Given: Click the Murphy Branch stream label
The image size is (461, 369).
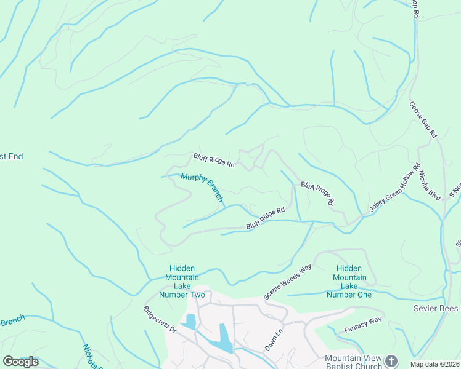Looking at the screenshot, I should [x=202, y=188].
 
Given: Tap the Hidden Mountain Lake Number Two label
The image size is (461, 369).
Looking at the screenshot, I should [x=182, y=282].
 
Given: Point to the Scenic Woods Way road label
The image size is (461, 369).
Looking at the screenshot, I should [x=288, y=282].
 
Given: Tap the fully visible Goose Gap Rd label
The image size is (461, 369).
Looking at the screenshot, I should [x=423, y=119].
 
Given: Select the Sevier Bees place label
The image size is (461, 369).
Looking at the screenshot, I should [x=436, y=307].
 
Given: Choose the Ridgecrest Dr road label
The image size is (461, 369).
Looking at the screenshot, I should [x=160, y=320].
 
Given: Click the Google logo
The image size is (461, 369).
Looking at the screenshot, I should [x=20, y=362].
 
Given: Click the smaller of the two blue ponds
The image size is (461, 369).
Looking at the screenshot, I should [x=190, y=321].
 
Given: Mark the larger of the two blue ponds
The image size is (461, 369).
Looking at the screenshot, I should [x=224, y=338].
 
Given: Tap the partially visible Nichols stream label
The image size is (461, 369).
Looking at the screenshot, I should [x=91, y=355].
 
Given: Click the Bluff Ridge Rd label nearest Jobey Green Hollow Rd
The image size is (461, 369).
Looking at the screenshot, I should [x=318, y=193].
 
